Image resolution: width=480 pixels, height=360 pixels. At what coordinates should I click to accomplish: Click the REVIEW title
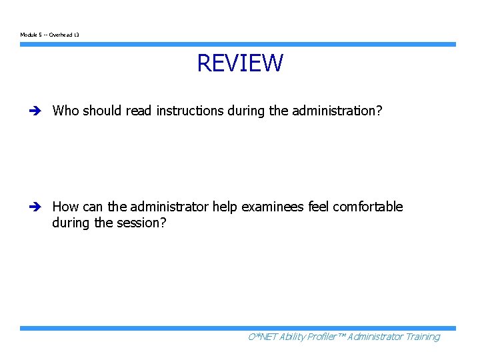click(x=240, y=63)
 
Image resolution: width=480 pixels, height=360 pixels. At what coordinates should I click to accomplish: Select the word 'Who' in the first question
click(x=65, y=111)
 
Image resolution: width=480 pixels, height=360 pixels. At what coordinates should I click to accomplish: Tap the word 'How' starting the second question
click(x=65, y=207)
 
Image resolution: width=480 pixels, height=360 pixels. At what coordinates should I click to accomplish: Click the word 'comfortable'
click(x=368, y=207)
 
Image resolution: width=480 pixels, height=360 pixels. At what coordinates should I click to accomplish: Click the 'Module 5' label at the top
click(x=31, y=35)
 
